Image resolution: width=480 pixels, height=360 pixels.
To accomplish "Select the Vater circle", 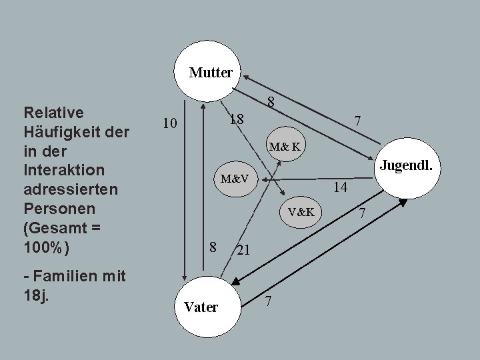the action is pyautogui.click(x=200, y=307).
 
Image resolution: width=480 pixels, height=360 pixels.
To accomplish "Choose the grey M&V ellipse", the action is pyautogui.click(x=235, y=179).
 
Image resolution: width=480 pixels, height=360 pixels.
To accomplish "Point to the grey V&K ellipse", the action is pyautogui.click(x=301, y=212).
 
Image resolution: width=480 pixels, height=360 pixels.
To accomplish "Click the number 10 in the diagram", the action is pyautogui.click(x=170, y=124).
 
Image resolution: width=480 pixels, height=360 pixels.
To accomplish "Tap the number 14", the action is pyautogui.click(x=340, y=188).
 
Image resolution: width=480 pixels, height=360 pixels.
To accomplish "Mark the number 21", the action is pyautogui.click(x=243, y=251).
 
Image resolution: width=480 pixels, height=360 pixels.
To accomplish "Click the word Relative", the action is pyautogui.click(x=53, y=111).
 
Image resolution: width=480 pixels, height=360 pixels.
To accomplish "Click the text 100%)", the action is pyautogui.click(x=45, y=246).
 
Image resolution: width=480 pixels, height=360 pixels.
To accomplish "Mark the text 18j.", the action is pyautogui.click(x=35, y=294).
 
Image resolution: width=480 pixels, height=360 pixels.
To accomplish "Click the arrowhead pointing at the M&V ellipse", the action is pyautogui.click(x=264, y=179).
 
